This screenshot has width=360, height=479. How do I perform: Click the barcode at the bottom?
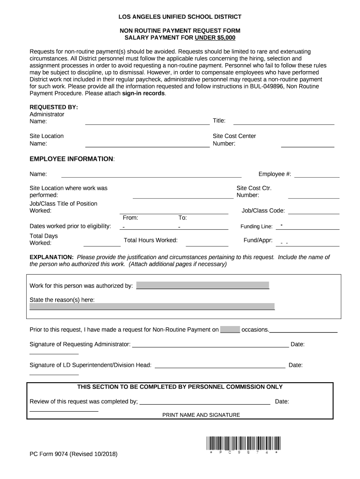point(243,443)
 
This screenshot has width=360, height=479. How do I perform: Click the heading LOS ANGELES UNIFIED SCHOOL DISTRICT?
point(180,17)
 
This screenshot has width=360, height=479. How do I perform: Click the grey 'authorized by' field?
point(202,285)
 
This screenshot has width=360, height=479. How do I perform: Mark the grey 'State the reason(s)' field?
point(152,306)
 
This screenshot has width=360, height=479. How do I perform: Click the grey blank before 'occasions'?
point(230,329)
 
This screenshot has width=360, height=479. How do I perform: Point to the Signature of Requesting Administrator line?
point(210,346)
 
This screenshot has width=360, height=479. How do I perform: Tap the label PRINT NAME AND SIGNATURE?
point(201,415)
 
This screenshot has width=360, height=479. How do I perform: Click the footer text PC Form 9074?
point(73,454)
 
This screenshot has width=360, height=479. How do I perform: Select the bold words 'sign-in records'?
point(144,93)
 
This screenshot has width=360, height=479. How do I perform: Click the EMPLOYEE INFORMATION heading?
point(72,159)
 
